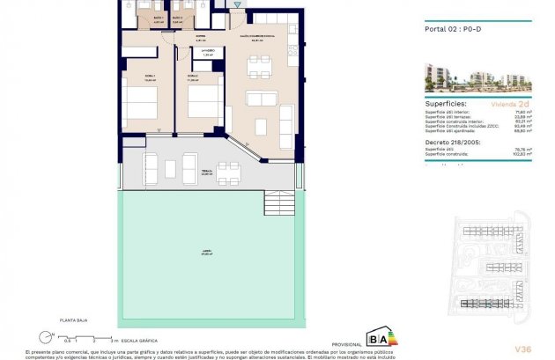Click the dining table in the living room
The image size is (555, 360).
260,65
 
